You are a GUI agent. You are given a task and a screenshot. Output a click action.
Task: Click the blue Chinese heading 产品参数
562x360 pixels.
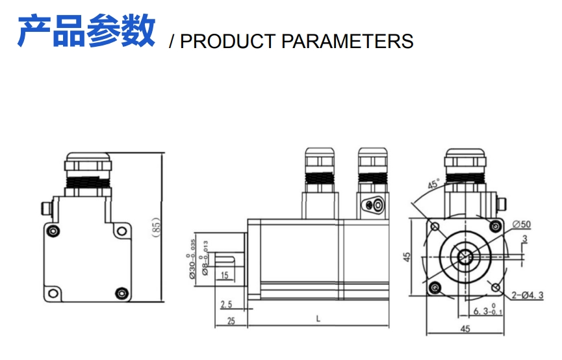(x=86, y=31)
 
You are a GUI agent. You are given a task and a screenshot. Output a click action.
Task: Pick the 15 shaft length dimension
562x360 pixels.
(x=224, y=276)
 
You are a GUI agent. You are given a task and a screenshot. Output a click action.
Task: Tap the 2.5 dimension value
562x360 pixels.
(x=226, y=304)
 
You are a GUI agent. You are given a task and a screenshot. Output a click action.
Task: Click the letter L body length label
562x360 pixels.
(x=318, y=318)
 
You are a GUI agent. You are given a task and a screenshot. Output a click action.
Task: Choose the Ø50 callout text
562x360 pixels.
(x=522, y=224)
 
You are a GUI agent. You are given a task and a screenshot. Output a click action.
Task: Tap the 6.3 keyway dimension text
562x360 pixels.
(x=484, y=311)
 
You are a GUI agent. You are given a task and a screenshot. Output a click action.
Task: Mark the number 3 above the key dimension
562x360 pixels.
(x=524, y=238)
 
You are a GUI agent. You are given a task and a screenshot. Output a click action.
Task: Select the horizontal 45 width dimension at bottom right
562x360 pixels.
(x=465, y=329)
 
